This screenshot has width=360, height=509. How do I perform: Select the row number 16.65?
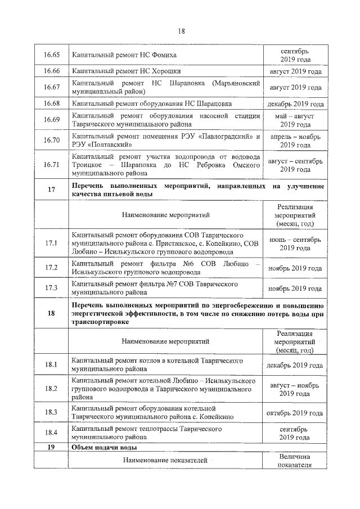[x=51, y=55]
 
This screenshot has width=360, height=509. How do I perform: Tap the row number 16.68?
[x=51, y=103]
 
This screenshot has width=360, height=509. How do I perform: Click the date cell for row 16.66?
[x=295, y=72]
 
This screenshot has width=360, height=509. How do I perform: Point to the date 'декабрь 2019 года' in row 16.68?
[x=295, y=103]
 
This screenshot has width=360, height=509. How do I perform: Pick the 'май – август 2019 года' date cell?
[x=295, y=120]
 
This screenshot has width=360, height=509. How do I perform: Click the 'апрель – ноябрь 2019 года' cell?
[x=295, y=141]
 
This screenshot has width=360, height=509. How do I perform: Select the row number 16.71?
[x=51, y=164]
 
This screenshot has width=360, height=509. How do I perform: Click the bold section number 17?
[x=51, y=190]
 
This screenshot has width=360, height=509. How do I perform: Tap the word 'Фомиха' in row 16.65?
[x=164, y=55]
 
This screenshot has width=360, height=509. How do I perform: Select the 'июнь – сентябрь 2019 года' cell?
[x=295, y=243]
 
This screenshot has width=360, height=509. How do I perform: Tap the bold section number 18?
[x=51, y=313]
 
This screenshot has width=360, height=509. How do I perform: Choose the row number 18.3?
[x=51, y=412]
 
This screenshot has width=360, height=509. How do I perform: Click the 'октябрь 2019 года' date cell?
[x=295, y=412]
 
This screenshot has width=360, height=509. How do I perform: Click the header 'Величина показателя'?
[x=295, y=461]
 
